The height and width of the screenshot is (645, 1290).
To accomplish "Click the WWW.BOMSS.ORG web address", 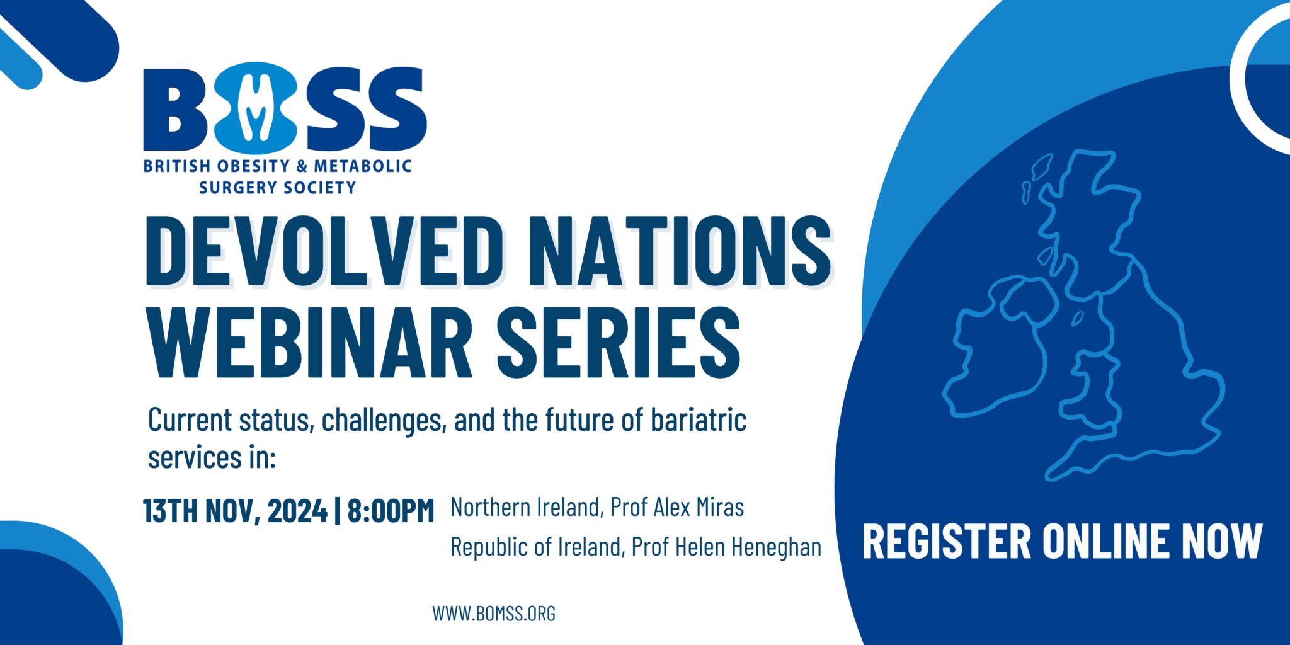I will [x=494, y=613].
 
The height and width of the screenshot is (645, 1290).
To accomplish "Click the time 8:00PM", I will [x=391, y=511].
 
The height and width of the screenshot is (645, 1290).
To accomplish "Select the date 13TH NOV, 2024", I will [x=235, y=511].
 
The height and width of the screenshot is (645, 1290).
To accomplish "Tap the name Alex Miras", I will [x=699, y=507].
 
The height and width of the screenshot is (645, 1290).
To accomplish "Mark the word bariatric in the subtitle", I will [x=699, y=420].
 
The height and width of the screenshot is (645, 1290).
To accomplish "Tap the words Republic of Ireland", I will [x=536, y=547].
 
